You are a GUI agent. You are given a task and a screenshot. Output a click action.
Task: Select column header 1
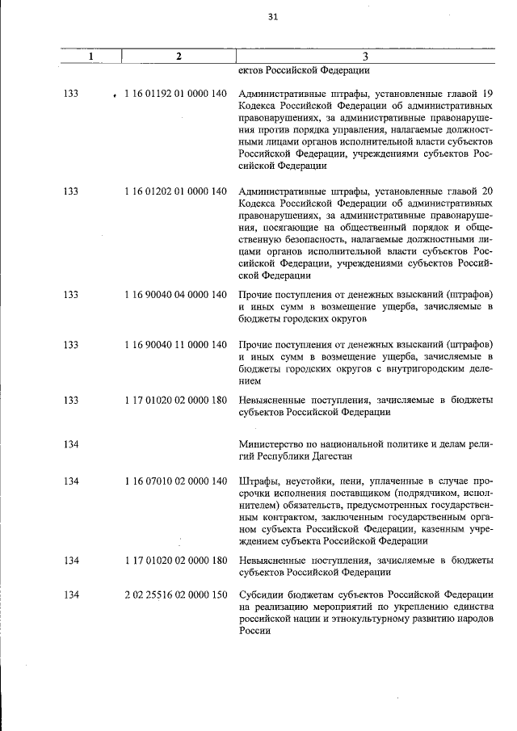coord(90,56)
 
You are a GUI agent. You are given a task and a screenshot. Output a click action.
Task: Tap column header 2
coord(179,56)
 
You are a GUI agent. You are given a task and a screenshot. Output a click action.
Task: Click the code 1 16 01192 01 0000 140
coord(175,95)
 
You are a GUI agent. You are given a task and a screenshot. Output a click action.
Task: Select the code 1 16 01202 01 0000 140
coord(175,191)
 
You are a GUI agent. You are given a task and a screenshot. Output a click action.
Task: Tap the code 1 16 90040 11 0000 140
coord(175,344)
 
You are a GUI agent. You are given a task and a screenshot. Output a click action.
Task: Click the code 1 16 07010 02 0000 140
coord(175,481)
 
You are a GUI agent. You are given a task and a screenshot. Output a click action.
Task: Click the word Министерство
coord(275,444)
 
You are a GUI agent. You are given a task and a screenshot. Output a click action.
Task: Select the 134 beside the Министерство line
coord(70,444)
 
